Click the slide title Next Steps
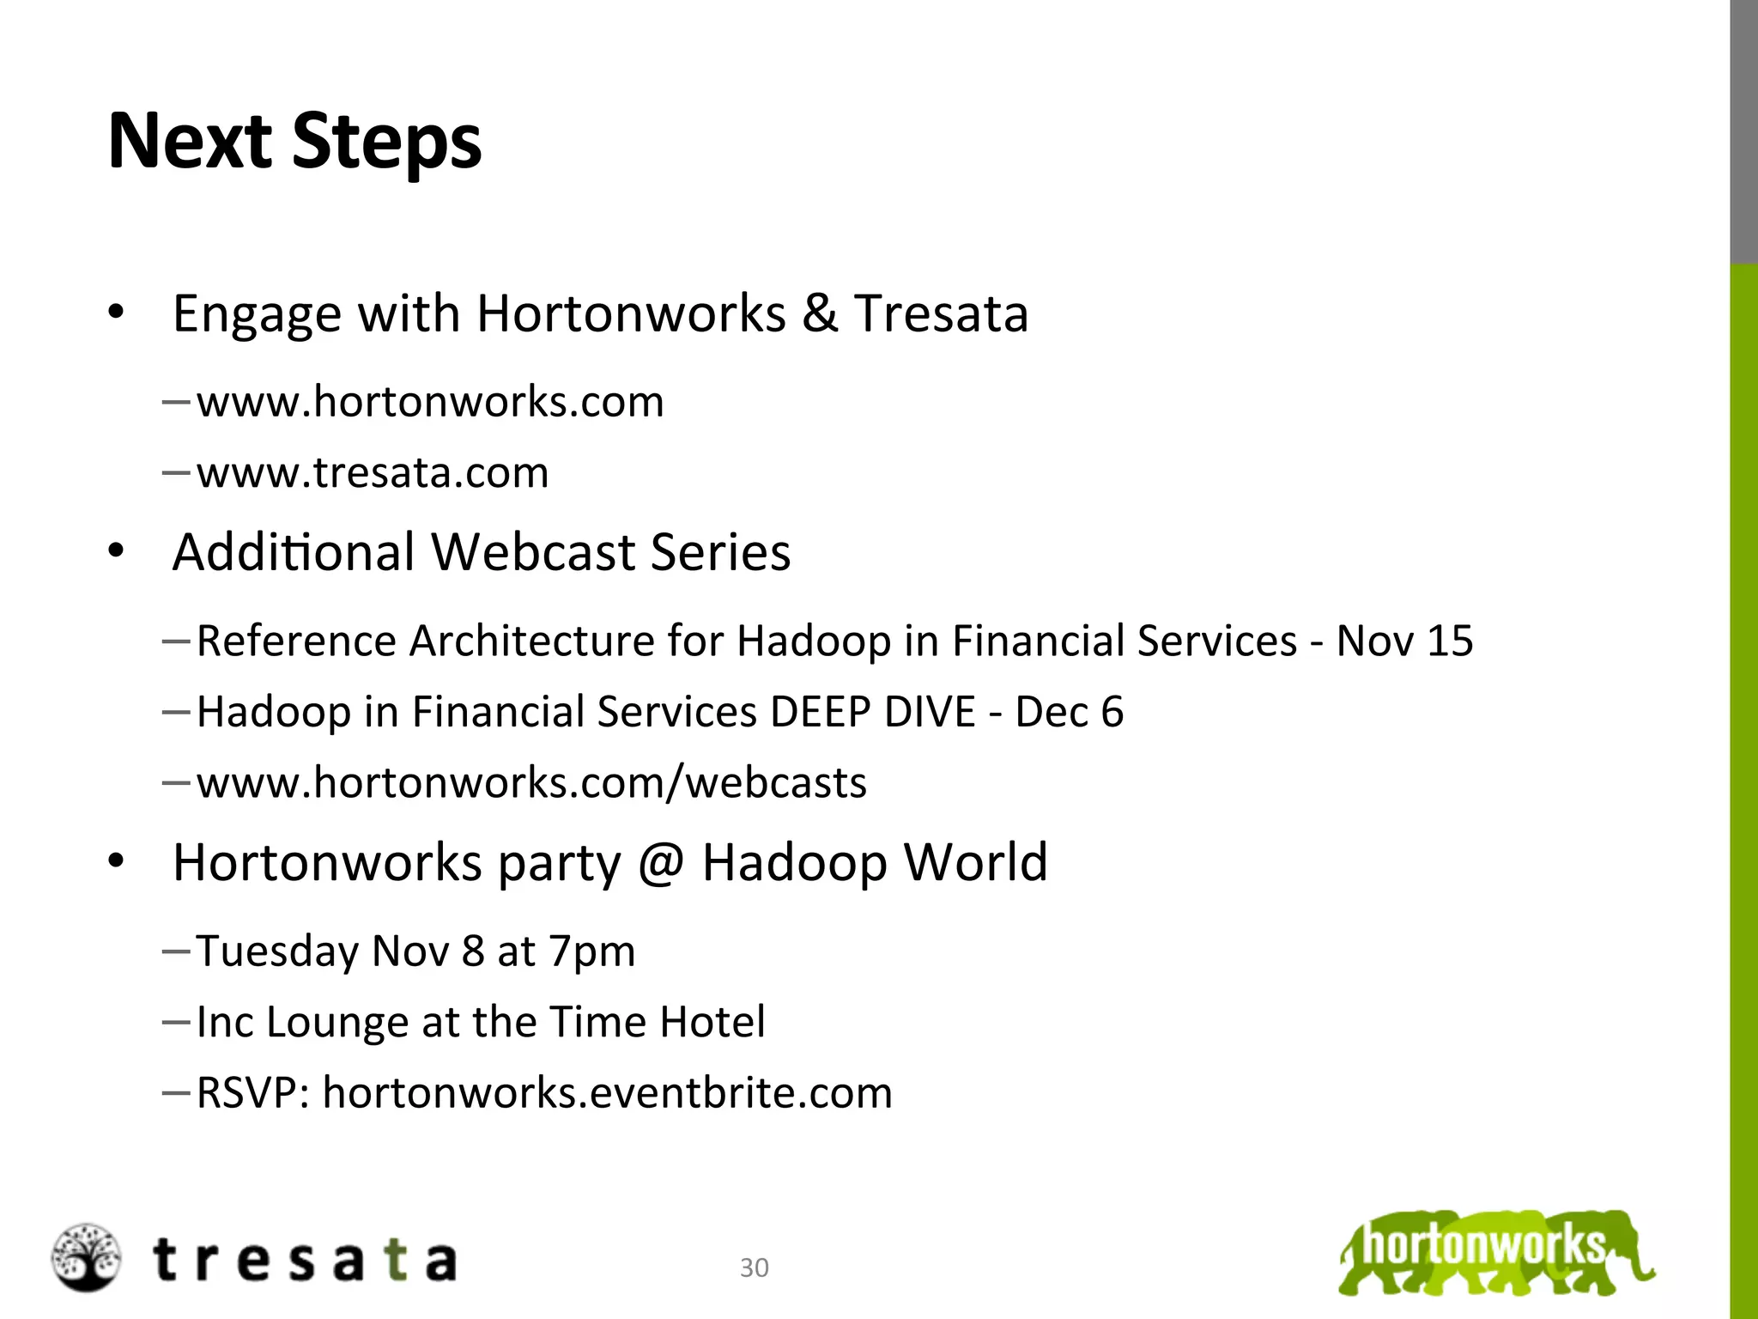pos(294,142)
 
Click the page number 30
pos(754,1267)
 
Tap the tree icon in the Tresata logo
pos(86,1257)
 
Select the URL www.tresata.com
pos(373,473)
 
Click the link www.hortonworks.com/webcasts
pos(531,783)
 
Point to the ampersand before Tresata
pos(820,313)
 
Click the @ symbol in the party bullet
pos(661,862)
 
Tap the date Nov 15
pos(1404,641)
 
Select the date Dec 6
pos(1069,712)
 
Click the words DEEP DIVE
pos(873,712)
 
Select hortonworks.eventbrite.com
pos(607,1093)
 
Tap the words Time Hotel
pos(657,1022)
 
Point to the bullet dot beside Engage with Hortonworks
pos(117,312)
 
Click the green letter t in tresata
pos(394,1261)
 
